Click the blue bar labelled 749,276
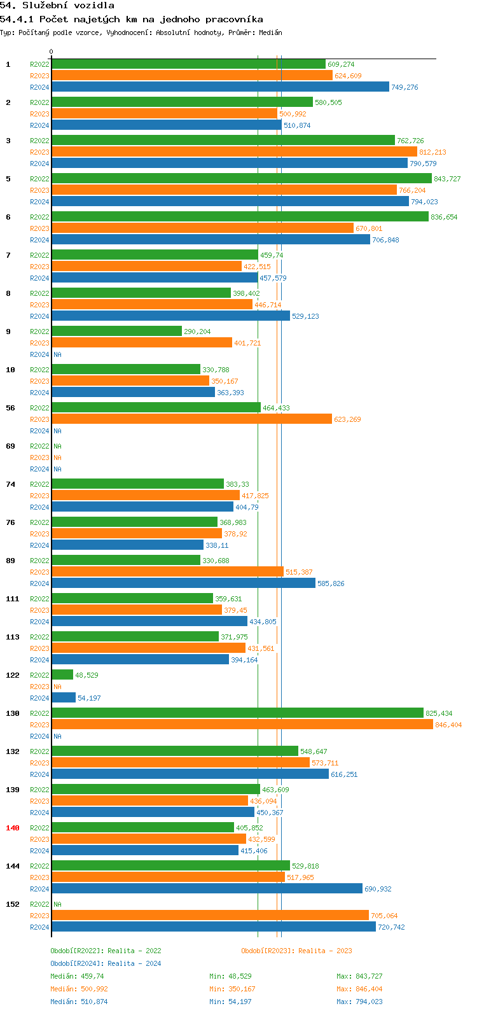[220, 87]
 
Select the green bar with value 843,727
[242, 179]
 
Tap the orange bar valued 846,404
[242, 725]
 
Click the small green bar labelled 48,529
[62, 675]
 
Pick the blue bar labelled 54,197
[64, 698]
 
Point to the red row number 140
[13, 828]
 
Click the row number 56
[11, 408]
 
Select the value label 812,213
[432, 152]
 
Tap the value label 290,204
[197, 332]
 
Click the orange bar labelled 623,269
[191, 419]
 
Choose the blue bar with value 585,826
[183, 583]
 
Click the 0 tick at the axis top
[52, 52]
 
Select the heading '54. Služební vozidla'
[57, 6]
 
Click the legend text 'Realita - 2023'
[325, 951]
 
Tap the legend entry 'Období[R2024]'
[77, 963]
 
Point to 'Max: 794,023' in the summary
[359, 1002]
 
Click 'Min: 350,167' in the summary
[232, 989]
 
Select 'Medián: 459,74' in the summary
[77, 976]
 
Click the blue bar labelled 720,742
[214, 927]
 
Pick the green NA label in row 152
[57, 904]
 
